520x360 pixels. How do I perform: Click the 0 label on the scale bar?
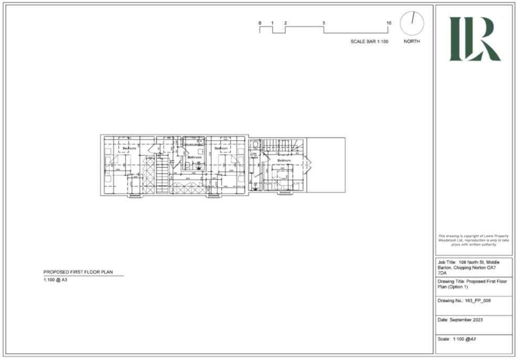coord(259,23)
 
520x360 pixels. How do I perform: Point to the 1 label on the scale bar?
coord(273,23)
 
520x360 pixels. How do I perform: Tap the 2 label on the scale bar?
coord(285,23)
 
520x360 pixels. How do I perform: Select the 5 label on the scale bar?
coord(324,23)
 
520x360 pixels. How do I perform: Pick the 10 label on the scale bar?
coord(389,23)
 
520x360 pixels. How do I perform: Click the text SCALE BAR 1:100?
coord(369,41)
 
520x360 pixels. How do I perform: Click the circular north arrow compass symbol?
coord(412,24)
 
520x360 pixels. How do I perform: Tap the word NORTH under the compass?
coord(412,41)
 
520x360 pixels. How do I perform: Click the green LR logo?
coord(474,39)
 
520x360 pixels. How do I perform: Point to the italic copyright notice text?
coord(474,240)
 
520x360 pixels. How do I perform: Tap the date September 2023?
coord(460,320)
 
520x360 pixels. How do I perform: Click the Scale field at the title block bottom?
coord(456,340)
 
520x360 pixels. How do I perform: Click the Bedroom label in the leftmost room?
coord(129,149)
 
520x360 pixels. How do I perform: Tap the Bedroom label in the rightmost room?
coord(284,160)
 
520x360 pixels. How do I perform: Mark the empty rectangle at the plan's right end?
coord(326,165)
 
